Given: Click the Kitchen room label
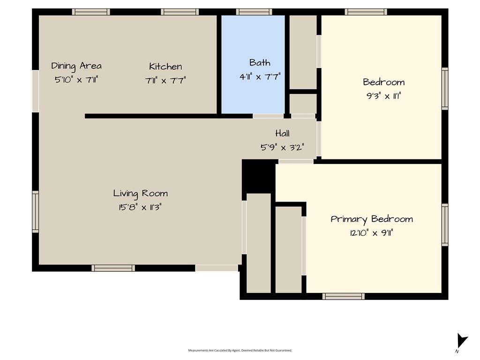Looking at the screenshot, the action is tap(165, 66).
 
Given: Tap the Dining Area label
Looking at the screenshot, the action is tap(76, 66).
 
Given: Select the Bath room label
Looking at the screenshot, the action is tap(260, 62).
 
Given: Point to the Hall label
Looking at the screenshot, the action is tap(282, 133).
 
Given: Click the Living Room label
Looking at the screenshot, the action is tap(141, 194).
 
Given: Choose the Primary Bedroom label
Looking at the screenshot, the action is tap(372, 219).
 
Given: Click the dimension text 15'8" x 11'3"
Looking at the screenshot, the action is tap(140, 207).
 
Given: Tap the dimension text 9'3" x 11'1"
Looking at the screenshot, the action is tap(383, 96).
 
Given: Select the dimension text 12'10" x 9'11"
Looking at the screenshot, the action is tap(371, 233).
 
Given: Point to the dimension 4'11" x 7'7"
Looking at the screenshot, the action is tap(260, 76).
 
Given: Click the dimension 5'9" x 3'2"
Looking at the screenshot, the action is tap(282, 147).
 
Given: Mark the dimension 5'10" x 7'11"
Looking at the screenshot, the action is tap(76, 80).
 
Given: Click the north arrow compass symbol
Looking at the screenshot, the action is tap(461, 341).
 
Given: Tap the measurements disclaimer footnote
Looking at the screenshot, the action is tap(240, 350).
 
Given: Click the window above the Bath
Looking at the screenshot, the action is tap(254, 12).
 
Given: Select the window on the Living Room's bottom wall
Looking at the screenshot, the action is tap(113, 268).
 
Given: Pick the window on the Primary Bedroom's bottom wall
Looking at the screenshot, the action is tap(343, 296).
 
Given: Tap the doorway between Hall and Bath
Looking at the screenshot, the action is tap(268, 116).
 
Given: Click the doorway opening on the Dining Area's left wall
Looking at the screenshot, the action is tap(36, 91).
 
